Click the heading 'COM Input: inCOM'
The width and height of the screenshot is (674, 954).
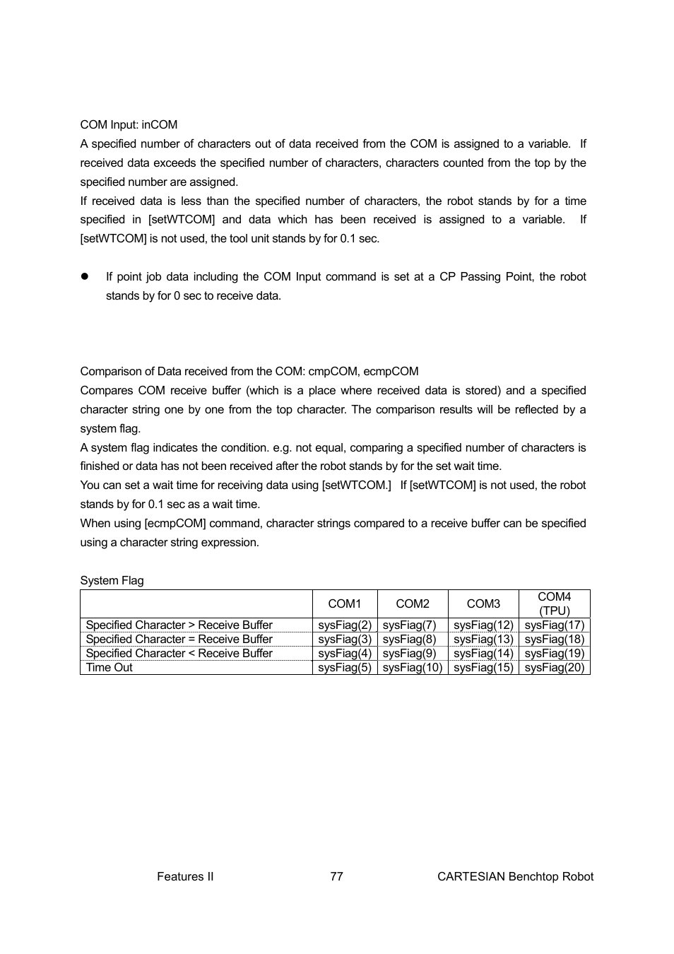129,125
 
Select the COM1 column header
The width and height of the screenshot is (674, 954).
344,603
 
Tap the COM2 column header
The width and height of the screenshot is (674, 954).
413,603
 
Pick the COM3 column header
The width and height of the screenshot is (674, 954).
483,603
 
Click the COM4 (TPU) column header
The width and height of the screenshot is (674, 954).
554,603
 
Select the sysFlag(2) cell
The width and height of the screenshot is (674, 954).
344,625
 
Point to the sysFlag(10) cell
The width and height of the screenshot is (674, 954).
413,668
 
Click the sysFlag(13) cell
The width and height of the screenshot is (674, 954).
483,640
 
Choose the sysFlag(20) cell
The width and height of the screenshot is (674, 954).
554,668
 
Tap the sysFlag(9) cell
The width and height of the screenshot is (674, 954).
410,654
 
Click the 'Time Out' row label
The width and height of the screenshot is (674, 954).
110,668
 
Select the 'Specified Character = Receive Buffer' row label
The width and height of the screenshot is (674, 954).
179,640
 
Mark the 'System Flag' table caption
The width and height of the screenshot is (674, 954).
112,581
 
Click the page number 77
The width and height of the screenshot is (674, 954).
336,876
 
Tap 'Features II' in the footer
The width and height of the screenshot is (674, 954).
185,876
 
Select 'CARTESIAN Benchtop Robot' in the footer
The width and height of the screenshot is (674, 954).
515,876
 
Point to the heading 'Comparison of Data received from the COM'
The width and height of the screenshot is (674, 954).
249,372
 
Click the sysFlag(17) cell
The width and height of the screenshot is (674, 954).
554,625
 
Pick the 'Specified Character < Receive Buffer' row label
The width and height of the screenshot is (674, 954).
179,654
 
